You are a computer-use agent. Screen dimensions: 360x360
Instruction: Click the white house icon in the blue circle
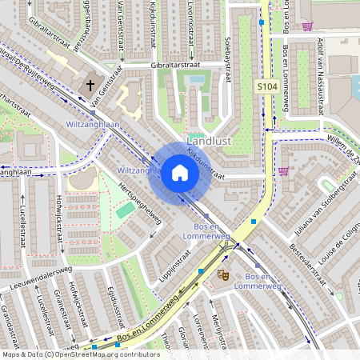coord(180,174)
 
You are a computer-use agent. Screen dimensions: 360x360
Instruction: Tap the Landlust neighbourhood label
coord(210,139)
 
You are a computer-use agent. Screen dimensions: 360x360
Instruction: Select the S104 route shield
coord(266,86)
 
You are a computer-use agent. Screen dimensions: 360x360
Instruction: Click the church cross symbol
coord(90,84)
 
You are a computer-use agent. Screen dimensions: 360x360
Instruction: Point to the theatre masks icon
coord(222,274)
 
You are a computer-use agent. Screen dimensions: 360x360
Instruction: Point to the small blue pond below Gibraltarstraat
coord(196,80)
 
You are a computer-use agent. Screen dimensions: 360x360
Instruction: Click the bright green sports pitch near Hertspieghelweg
coord(126,210)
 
